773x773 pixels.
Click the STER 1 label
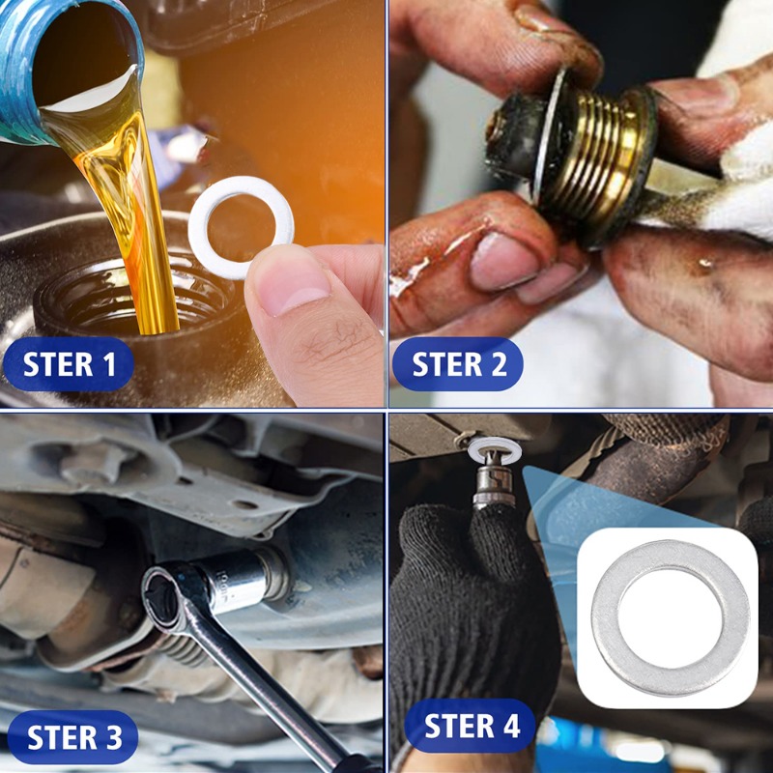point(70,364)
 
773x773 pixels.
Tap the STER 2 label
point(459,364)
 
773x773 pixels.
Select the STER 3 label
point(74,737)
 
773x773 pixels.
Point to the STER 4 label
point(472,726)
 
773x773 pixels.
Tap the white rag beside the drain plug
point(739,184)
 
